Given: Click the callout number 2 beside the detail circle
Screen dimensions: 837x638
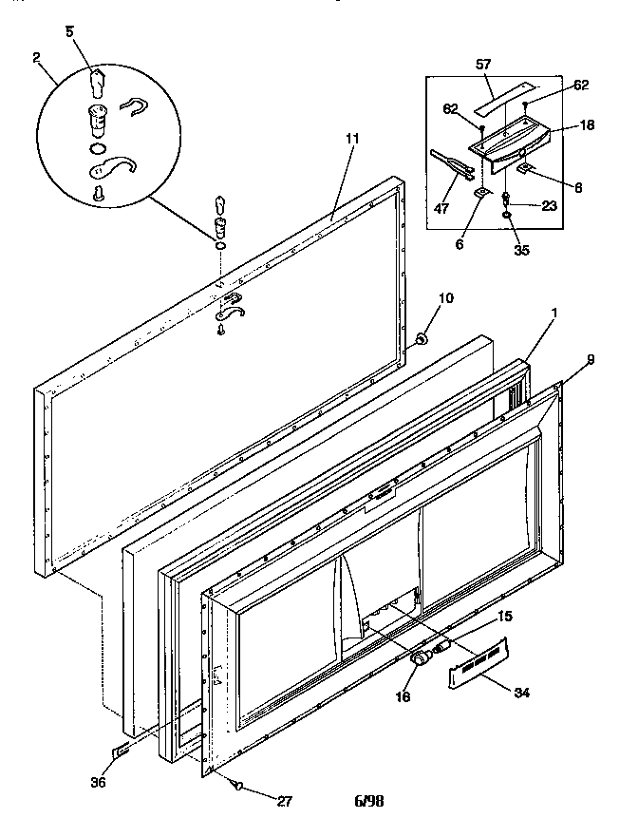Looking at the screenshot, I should [35, 58].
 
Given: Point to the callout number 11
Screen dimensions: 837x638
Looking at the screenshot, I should [352, 138].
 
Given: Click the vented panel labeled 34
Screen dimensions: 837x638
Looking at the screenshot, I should [475, 666].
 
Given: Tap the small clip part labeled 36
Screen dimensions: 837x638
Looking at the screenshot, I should [122, 751].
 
